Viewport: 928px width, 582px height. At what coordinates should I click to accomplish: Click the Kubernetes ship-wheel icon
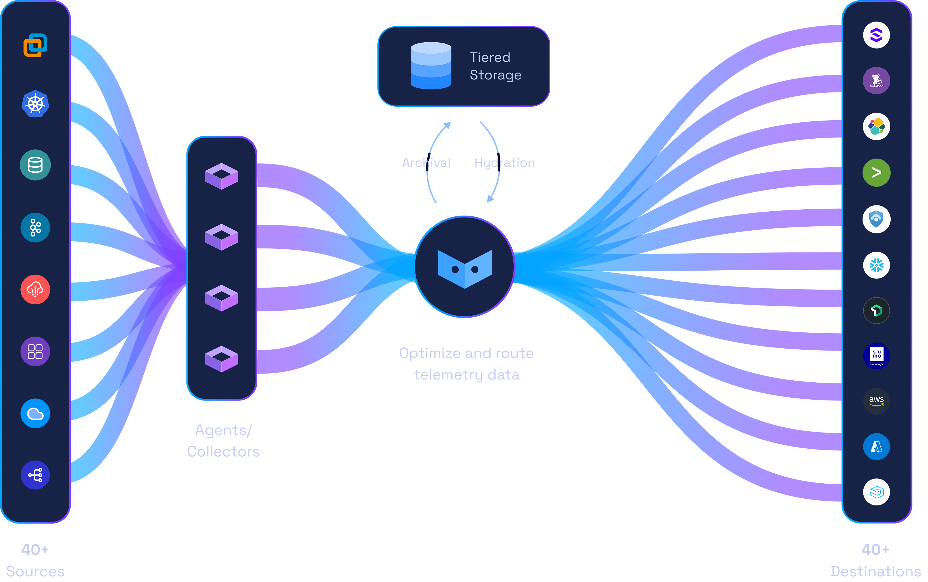point(35,104)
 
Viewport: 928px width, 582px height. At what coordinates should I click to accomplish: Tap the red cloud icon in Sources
point(35,290)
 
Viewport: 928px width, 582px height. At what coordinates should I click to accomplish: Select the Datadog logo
point(876,81)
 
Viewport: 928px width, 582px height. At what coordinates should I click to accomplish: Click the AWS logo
point(876,401)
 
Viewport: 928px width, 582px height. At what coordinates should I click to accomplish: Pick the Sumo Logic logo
point(876,356)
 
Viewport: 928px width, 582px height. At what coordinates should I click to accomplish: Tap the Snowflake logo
point(876,265)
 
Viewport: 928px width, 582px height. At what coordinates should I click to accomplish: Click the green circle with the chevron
point(876,172)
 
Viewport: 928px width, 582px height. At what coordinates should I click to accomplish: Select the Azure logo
point(876,446)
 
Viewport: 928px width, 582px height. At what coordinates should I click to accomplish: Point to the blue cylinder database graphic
point(431,66)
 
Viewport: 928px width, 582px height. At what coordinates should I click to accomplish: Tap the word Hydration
point(504,163)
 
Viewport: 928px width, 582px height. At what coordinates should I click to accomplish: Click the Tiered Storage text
point(495,66)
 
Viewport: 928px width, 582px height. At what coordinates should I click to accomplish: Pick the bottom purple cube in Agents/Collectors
point(222,359)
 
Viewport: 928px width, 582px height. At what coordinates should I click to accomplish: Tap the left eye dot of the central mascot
point(455,269)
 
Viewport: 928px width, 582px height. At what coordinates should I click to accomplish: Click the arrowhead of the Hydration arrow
point(490,199)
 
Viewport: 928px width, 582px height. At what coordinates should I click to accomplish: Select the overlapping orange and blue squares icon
point(35,45)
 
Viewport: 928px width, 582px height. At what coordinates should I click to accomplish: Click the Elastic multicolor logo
point(876,126)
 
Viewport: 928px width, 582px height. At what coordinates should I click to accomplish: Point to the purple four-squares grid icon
point(35,351)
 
